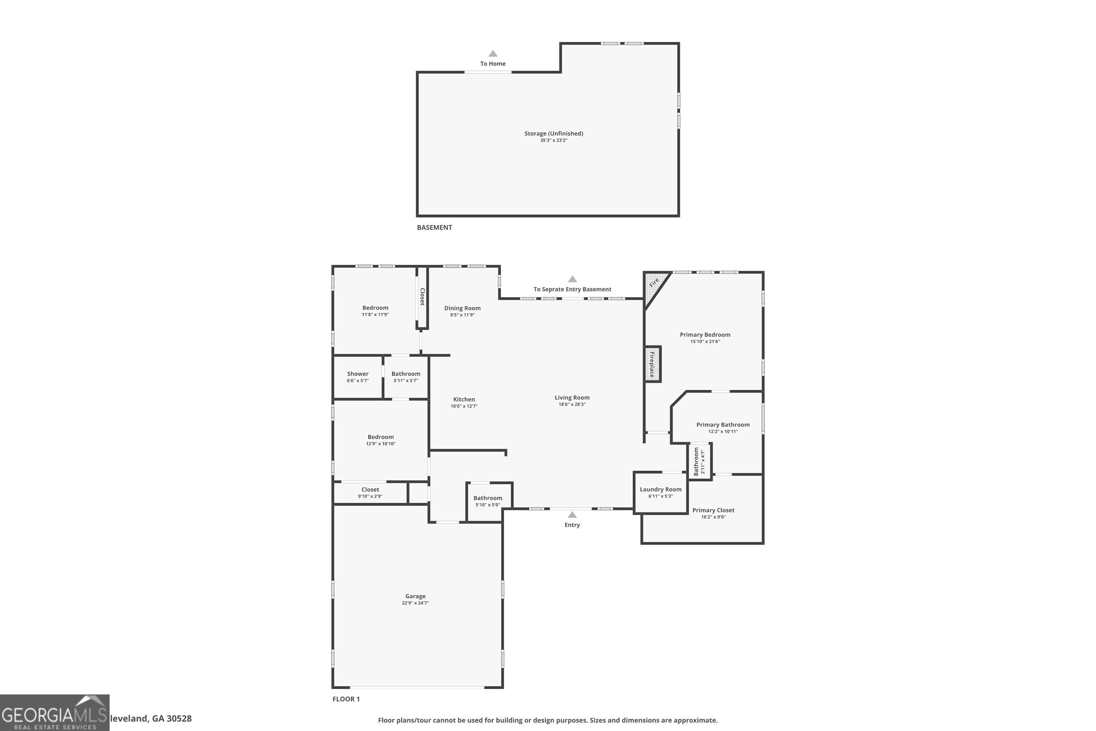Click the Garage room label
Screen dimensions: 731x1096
[x=415, y=596]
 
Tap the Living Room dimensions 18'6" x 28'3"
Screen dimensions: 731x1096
[x=572, y=404]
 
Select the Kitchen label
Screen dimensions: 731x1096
[x=464, y=399]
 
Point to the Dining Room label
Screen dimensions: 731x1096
[x=462, y=308]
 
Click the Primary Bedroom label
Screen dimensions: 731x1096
[x=705, y=334]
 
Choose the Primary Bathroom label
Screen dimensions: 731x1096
[x=723, y=424]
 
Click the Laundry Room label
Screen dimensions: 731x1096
[x=660, y=489]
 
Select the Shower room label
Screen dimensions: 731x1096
[x=357, y=374]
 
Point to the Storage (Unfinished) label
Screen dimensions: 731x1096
[x=553, y=133]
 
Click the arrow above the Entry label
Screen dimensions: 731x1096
[x=572, y=515]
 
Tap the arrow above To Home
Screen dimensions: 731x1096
[x=492, y=54]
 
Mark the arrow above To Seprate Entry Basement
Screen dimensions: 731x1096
[x=572, y=279]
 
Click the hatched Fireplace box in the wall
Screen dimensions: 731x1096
[x=652, y=364]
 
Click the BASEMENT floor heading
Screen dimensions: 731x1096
[x=434, y=227]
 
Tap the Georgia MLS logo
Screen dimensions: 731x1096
[x=54, y=712]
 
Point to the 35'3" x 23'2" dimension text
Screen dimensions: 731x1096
[x=553, y=140]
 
